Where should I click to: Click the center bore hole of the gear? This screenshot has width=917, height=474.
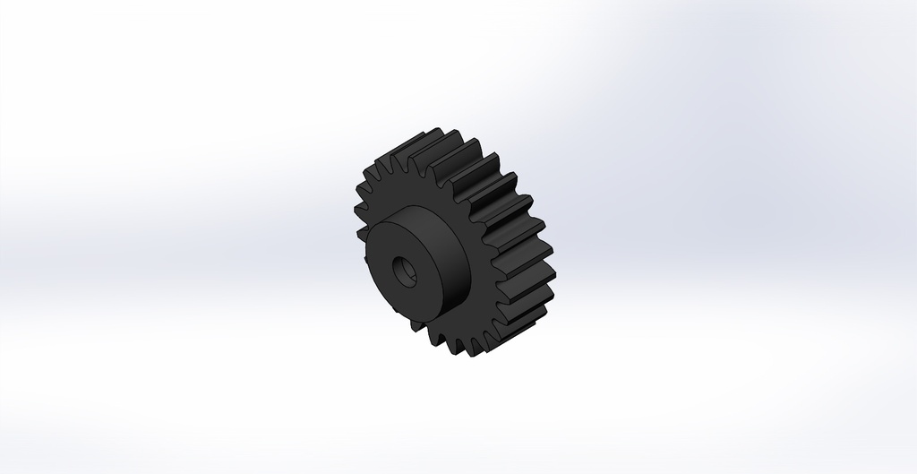(x=403, y=270)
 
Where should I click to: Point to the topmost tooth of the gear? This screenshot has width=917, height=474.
(x=430, y=135)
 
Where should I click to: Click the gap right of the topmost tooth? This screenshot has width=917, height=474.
(x=442, y=147)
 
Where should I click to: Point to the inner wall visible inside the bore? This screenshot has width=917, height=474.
(x=408, y=269)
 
